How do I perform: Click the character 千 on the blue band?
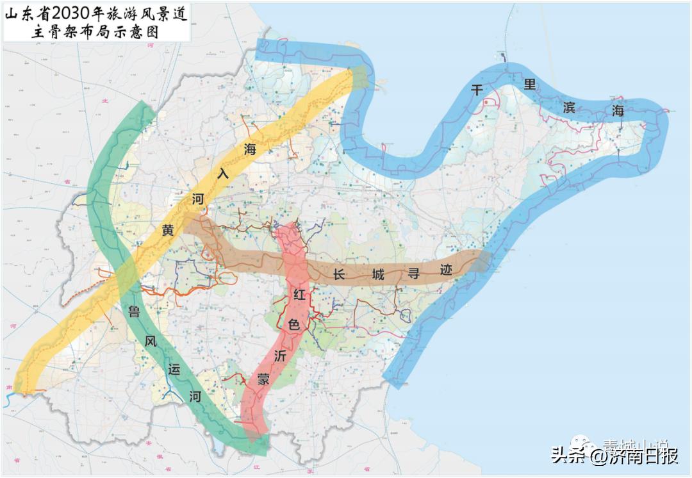(477, 90)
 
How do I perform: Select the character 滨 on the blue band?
(568, 106)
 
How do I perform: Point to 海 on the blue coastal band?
(618, 110)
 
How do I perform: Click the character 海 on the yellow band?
(250, 149)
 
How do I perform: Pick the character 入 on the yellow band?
(223, 174)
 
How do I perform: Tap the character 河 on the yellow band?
(198, 199)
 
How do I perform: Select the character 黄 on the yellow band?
(168, 230)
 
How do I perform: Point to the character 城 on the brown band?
(378, 275)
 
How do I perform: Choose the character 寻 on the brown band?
(413, 273)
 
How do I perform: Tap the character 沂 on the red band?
(280, 356)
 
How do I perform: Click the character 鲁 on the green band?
(135, 311)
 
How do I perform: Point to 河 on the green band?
(195, 397)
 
